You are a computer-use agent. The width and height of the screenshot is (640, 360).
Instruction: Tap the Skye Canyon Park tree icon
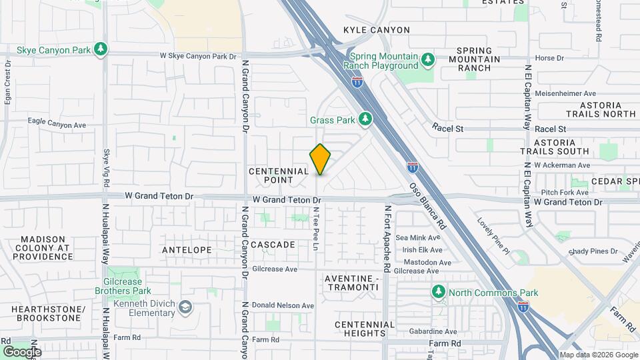pos(101,49)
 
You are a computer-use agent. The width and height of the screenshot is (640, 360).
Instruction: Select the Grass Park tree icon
pos(365,119)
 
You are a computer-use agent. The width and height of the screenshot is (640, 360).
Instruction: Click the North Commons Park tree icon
pos(439,292)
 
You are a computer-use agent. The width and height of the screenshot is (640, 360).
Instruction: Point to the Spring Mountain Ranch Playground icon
pos(428,60)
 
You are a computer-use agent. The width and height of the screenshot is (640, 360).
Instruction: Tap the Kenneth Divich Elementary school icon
pos(185,307)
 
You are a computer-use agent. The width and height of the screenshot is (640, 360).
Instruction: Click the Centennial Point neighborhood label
pos(279,175)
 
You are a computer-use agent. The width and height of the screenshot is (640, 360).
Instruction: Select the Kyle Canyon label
pos(377,30)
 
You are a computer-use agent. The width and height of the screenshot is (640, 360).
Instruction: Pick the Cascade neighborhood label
pos(273,245)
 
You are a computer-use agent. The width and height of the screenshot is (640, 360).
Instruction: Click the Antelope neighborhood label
pos(187,249)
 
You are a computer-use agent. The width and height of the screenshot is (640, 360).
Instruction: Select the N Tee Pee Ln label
pos(315,228)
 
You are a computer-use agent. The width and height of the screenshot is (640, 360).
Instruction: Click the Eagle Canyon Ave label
pos(57,124)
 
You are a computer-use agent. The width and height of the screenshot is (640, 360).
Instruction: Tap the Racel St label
pos(447,126)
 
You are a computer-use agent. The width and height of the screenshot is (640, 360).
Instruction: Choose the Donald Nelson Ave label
pos(283,305)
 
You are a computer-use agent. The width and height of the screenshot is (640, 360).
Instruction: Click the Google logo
pos(22,351)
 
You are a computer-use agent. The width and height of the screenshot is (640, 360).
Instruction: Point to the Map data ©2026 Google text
pos(599,355)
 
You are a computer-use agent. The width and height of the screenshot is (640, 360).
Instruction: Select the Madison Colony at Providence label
pos(45,247)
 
